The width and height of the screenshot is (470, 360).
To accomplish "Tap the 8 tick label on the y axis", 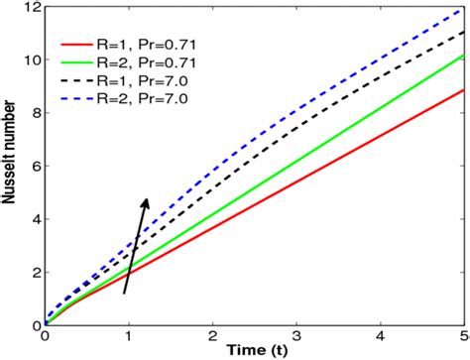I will (35, 113).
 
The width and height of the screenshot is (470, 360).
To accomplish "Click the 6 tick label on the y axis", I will (35, 167).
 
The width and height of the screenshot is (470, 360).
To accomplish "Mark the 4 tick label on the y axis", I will (35, 219).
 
